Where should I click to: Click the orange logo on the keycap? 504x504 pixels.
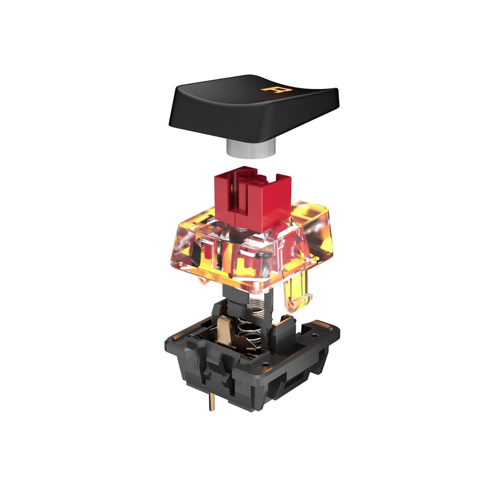click(x=276, y=89)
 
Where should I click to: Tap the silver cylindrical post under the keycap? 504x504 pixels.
click(x=251, y=148)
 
